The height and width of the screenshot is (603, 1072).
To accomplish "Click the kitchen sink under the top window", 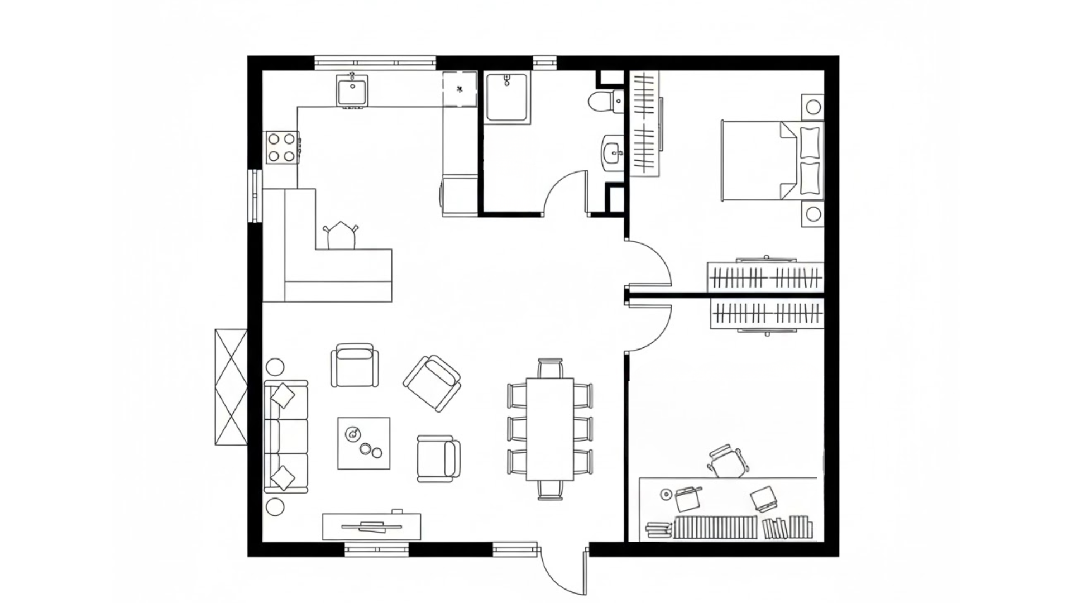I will [x=351, y=92].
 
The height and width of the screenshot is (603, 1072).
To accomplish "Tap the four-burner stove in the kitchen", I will [x=281, y=147].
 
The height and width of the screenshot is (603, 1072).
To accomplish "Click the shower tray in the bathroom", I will [x=507, y=98].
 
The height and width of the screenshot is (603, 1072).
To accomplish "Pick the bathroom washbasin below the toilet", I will [x=613, y=151].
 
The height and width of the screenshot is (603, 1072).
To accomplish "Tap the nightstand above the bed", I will [x=812, y=107].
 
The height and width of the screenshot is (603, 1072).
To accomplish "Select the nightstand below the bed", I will [x=812, y=214].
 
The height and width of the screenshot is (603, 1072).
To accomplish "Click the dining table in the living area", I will [x=550, y=429].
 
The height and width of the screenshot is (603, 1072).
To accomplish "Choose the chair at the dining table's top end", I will [x=550, y=368].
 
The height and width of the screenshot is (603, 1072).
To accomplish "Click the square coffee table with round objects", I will [x=363, y=443].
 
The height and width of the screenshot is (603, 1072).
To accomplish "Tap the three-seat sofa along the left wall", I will [x=286, y=437].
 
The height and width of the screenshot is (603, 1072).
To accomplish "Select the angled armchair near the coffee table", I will [x=432, y=383].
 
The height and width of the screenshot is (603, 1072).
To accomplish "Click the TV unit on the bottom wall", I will [x=372, y=526].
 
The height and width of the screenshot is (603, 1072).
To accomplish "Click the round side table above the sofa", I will [x=275, y=367].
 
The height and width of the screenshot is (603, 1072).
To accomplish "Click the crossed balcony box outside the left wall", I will [x=231, y=387].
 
